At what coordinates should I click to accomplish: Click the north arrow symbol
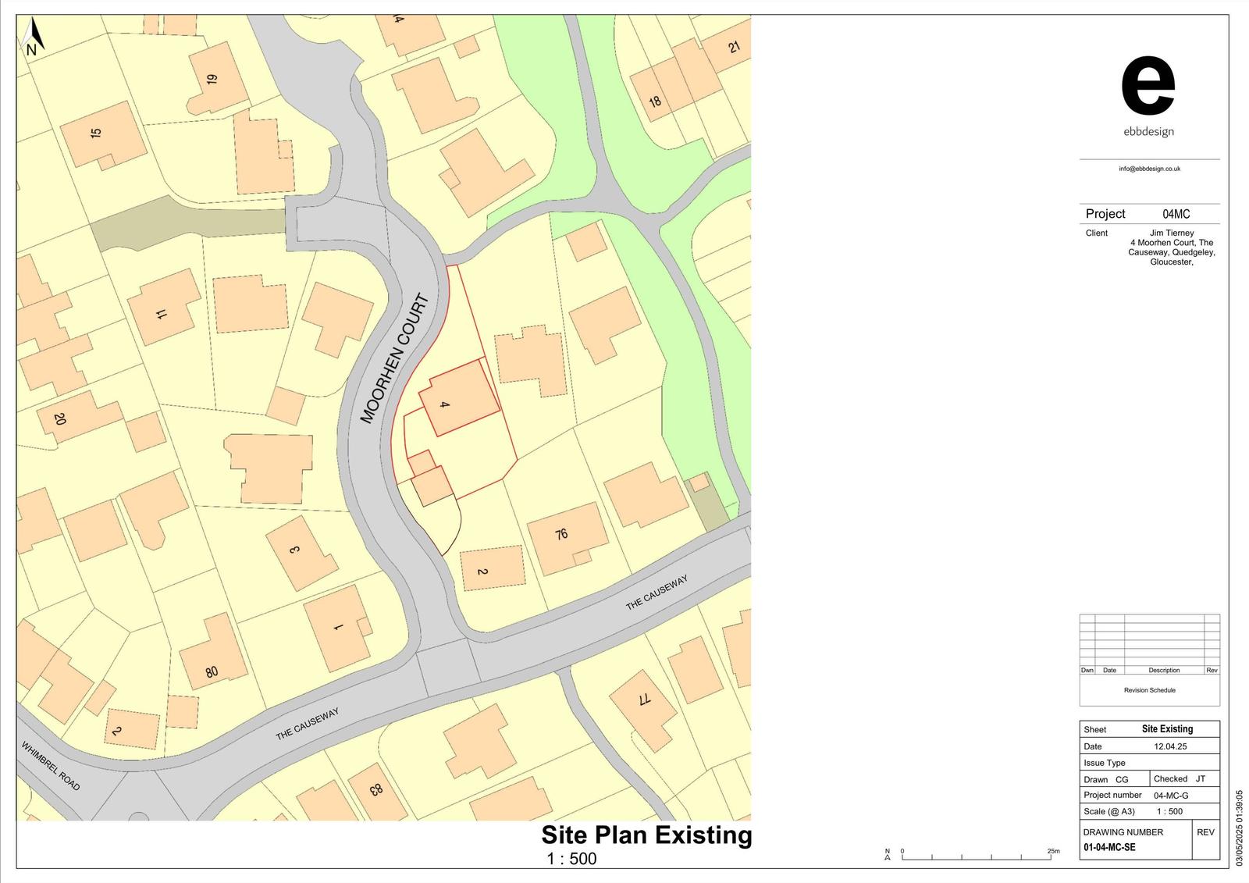pyautogui.click(x=32, y=37)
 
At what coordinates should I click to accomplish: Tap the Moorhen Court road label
pyautogui.click(x=395, y=358)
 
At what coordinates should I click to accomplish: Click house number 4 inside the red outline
pyautogui.click(x=444, y=404)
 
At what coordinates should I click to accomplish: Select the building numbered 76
pyautogui.click(x=561, y=534)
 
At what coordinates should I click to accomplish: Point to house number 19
pyautogui.click(x=212, y=79)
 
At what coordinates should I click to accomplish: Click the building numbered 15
pyautogui.click(x=96, y=133)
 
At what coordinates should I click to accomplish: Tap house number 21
pyautogui.click(x=734, y=48)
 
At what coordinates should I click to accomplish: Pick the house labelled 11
pyautogui.click(x=162, y=314)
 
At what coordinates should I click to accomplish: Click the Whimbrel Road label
pyautogui.click(x=51, y=765)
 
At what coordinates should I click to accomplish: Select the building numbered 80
pyautogui.click(x=212, y=671)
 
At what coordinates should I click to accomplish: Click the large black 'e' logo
pyautogui.click(x=1148, y=86)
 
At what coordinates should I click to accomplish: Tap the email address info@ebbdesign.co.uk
pyautogui.click(x=1149, y=169)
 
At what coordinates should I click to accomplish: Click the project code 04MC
pyautogui.click(x=1176, y=214)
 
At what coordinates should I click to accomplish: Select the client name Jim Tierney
pyautogui.click(x=1171, y=233)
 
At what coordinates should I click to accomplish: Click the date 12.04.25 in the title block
pyautogui.click(x=1170, y=746)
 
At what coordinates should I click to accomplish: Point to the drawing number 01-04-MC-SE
pyautogui.click(x=1109, y=847)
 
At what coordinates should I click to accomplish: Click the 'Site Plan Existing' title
pyautogui.click(x=646, y=835)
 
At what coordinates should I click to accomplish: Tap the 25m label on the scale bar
pyautogui.click(x=1053, y=851)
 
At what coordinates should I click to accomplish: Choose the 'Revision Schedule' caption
pyautogui.click(x=1149, y=690)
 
